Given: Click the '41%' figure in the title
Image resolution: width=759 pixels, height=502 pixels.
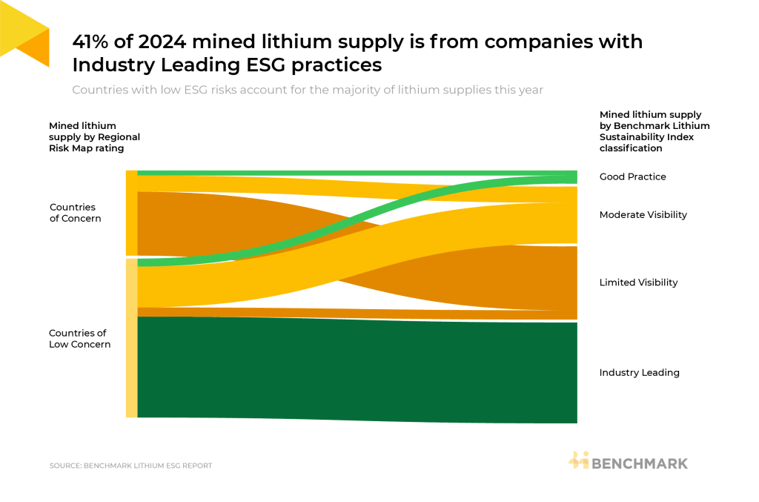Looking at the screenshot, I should [x=93, y=42].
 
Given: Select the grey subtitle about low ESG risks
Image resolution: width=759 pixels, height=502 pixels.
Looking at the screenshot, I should [x=308, y=90].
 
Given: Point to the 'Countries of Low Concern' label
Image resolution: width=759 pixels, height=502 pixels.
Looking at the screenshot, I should [x=79, y=339].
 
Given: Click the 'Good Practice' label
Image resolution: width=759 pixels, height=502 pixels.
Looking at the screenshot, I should [x=632, y=177].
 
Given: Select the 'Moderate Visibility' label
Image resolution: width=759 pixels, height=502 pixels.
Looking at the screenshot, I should [x=643, y=215].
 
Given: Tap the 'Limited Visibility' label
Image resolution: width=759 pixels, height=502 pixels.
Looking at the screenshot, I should [x=638, y=283].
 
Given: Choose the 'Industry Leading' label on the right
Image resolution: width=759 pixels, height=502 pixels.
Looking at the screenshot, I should [x=639, y=373].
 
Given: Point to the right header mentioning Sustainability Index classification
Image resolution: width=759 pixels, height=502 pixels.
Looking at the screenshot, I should [x=654, y=131].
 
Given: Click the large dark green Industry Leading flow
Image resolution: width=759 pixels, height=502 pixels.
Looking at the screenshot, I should [x=356, y=369].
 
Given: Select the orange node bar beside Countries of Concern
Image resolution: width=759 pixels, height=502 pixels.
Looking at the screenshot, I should [x=131, y=213].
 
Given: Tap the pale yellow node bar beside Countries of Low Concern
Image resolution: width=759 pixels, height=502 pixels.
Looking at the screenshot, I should [x=131, y=338].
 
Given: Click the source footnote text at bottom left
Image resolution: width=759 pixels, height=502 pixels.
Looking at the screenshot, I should [x=130, y=466].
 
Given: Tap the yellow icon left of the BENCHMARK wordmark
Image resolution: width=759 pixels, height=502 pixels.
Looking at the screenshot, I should [x=578, y=460].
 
